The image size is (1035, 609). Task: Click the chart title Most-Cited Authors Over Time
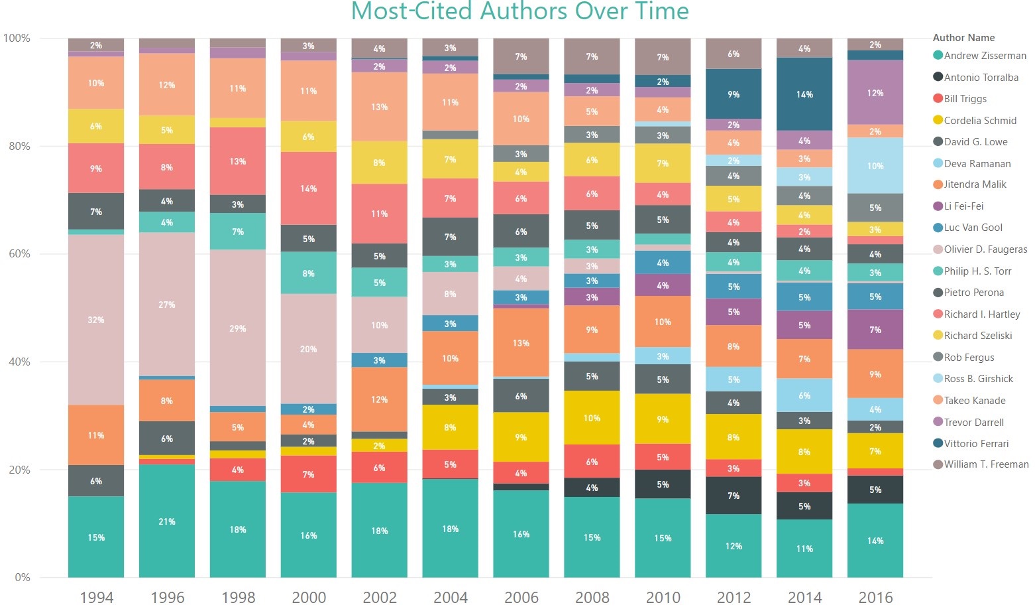coord(519,12)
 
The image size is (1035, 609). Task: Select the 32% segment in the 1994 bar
coord(96,320)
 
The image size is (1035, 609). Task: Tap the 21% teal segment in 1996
coord(167,521)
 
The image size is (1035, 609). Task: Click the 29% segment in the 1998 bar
coord(238,328)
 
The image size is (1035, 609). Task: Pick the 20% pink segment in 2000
coord(309,349)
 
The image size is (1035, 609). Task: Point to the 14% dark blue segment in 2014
coord(804,94)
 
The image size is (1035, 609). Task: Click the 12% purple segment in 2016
coord(875,93)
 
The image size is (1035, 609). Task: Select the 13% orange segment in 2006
coord(521,343)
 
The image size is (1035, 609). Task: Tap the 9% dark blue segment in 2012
coord(734,94)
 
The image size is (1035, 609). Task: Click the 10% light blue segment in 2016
coord(875,165)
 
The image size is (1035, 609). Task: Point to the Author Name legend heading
coord(963,38)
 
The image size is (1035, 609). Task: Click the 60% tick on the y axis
coord(19,254)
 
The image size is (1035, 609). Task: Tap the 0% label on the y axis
coord(22,577)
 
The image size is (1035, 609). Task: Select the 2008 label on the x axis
coord(592,597)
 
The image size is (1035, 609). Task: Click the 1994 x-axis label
coord(96,597)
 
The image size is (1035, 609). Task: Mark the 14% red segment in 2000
coord(309,188)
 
